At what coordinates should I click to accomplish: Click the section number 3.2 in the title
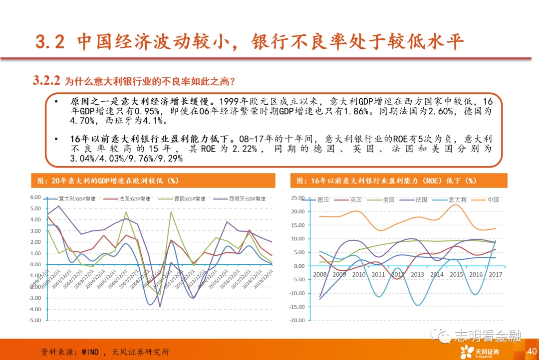pyautogui.click(x=50, y=42)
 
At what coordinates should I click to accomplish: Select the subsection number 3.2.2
pyautogui.click(x=46, y=80)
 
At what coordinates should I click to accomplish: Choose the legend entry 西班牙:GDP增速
pyautogui.click(x=248, y=198)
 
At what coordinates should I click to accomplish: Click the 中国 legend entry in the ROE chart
pyautogui.click(x=493, y=200)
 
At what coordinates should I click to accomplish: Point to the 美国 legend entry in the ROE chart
pyautogui.click(x=389, y=200)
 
